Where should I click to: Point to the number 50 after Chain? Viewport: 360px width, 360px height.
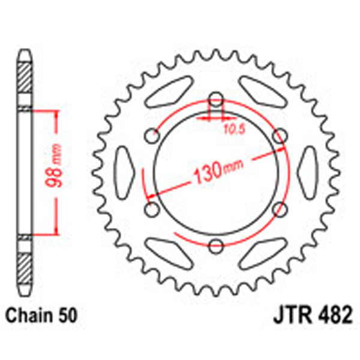68,315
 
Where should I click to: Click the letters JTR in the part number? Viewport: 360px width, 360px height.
283,315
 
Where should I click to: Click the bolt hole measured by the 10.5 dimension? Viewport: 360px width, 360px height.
216,100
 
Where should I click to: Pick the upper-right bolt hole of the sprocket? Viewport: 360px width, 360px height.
279,137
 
